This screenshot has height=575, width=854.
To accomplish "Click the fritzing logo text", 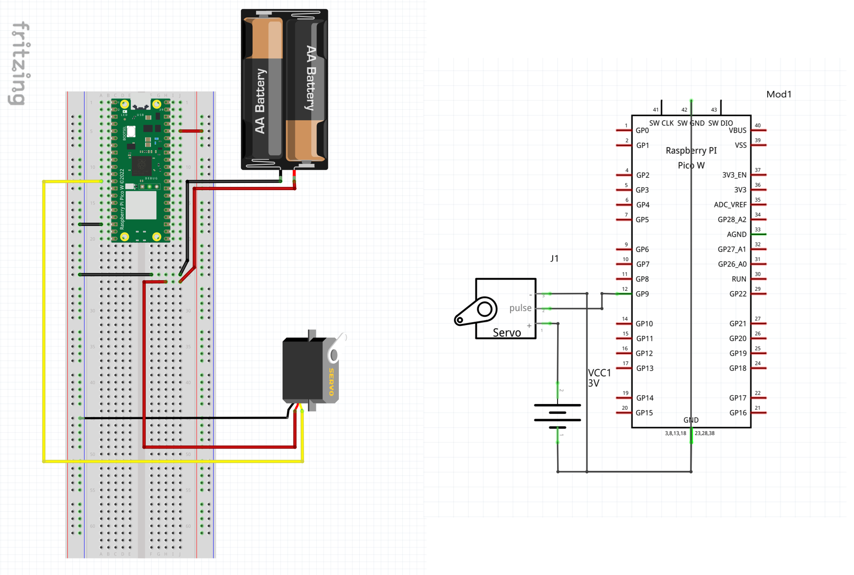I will [20, 63].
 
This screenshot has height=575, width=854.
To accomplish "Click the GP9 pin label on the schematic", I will [642, 294].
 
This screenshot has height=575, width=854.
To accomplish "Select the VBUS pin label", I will [737, 130].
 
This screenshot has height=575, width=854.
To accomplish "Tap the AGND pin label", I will [736, 234].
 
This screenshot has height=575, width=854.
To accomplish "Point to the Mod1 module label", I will [778, 94].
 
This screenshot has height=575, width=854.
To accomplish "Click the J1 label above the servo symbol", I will [554, 258].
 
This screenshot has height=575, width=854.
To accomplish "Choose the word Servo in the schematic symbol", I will [507, 333].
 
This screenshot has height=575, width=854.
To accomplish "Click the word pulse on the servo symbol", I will [520, 308].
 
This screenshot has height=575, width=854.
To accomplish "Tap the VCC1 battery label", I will [599, 373].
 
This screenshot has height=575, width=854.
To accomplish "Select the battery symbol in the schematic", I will [557, 416].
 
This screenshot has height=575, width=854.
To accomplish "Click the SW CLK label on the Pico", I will [661, 123].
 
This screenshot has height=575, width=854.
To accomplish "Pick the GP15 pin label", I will [644, 413].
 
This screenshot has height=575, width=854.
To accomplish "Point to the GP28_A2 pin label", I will [732, 220].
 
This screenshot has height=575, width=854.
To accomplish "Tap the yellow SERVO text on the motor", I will [331, 382].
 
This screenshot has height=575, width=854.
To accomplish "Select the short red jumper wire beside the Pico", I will [191, 131].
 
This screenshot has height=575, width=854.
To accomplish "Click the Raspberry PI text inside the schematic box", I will [691, 151].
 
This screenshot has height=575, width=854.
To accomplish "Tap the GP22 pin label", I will [738, 294].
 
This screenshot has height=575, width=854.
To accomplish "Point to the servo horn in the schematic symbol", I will [476, 311].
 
